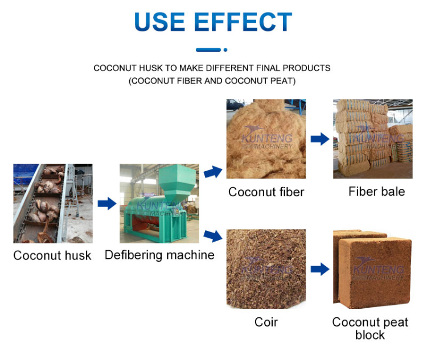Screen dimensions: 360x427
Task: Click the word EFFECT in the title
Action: click(x=243, y=23)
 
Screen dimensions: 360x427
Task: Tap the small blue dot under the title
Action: click(x=225, y=50)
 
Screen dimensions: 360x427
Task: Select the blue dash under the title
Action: click(x=208, y=50)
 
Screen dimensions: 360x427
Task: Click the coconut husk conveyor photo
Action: click(x=53, y=203)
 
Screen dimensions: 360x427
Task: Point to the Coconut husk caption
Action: click(x=52, y=255)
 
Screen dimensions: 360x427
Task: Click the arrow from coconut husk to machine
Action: click(x=106, y=203)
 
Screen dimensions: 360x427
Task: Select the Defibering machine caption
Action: click(x=159, y=255)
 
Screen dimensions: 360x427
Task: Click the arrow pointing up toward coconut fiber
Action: click(x=213, y=171)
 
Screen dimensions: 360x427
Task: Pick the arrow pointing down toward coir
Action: click(x=213, y=234)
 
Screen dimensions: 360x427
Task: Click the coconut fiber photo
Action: click(x=266, y=139)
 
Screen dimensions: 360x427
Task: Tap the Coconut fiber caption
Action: click(x=266, y=192)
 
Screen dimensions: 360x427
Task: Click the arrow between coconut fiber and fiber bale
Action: click(x=320, y=139)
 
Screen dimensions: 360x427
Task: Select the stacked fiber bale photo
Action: click(x=372, y=139)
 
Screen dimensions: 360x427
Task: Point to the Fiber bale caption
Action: click(x=376, y=192)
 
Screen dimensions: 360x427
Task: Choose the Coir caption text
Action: click(x=266, y=322)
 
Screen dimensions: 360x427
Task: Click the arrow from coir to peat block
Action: click(x=320, y=269)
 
